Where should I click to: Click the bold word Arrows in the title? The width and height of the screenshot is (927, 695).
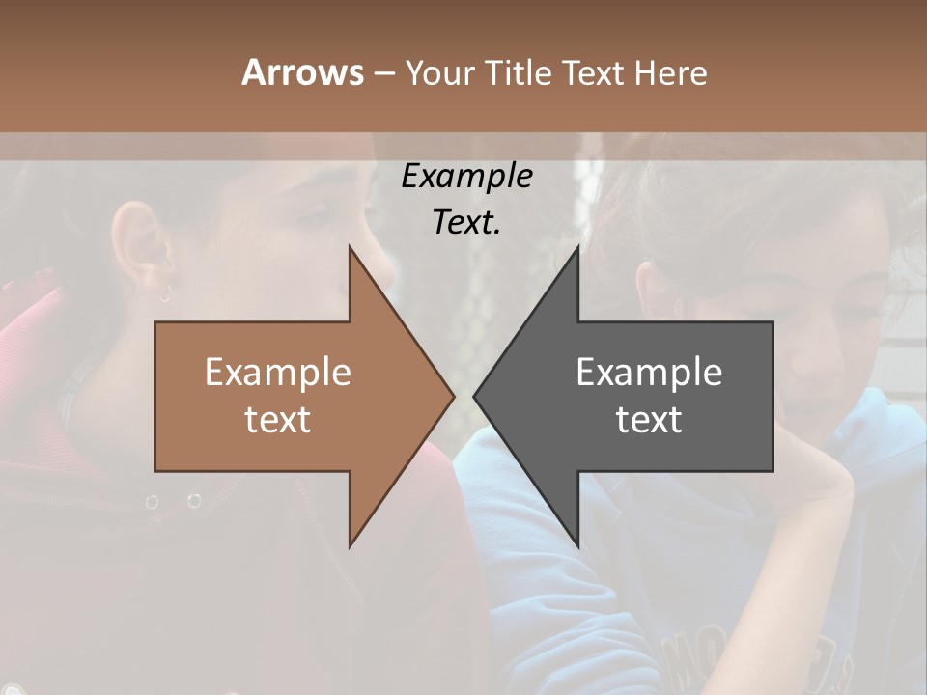click(x=302, y=72)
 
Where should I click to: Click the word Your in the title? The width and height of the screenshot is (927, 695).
click(x=440, y=72)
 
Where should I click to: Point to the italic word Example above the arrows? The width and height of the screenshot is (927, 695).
click(x=466, y=177)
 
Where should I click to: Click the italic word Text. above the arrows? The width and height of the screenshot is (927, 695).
click(x=466, y=222)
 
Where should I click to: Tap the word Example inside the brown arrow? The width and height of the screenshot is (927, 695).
click(x=278, y=373)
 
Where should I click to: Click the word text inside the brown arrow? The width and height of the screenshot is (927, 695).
click(x=278, y=420)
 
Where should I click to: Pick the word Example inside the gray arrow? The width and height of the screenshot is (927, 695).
click(x=649, y=373)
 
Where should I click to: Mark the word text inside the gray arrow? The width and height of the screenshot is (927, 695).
click(x=649, y=420)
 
